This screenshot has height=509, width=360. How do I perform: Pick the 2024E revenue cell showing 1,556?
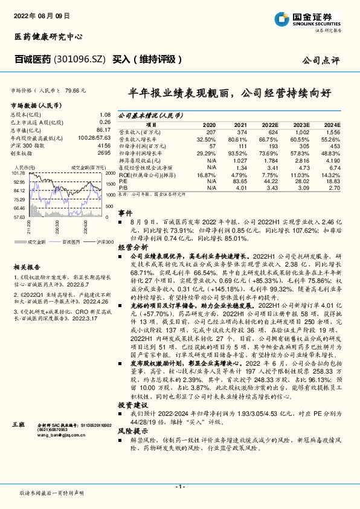click(332, 131)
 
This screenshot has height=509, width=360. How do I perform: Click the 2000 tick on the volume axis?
click(109, 172)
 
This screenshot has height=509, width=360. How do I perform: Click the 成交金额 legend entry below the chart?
click(37, 241)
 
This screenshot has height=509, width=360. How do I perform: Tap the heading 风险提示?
click(132, 432)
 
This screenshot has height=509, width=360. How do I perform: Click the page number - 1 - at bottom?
click(179, 486)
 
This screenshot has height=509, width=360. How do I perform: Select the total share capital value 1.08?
click(104, 114)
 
